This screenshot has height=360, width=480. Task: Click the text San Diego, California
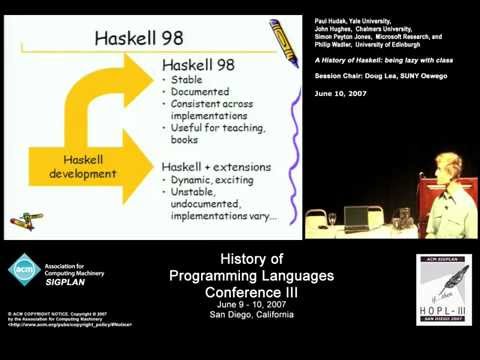240,306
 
